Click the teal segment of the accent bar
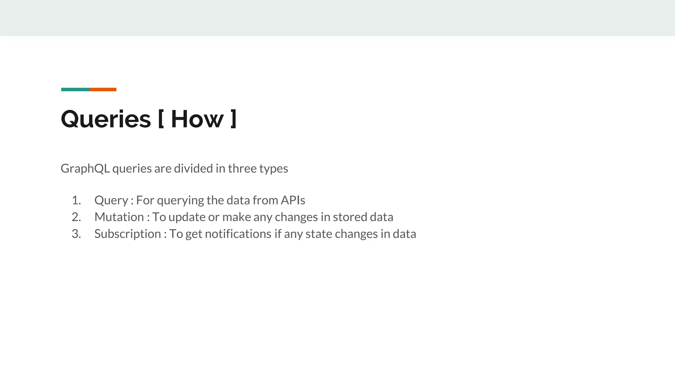tap(75, 89)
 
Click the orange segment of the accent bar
tap(103, 89)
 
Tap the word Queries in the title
tap(106, 119)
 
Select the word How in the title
tap(197, 119)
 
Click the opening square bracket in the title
tap(161, 119)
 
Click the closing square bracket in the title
tap(233, 119)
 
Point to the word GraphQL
tap(85, 169)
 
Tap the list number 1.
tap(76, 200)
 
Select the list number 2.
tap(76, 217)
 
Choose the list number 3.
tap(76, 234)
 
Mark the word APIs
tap(293, 200)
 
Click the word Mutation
tap(119, 217)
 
